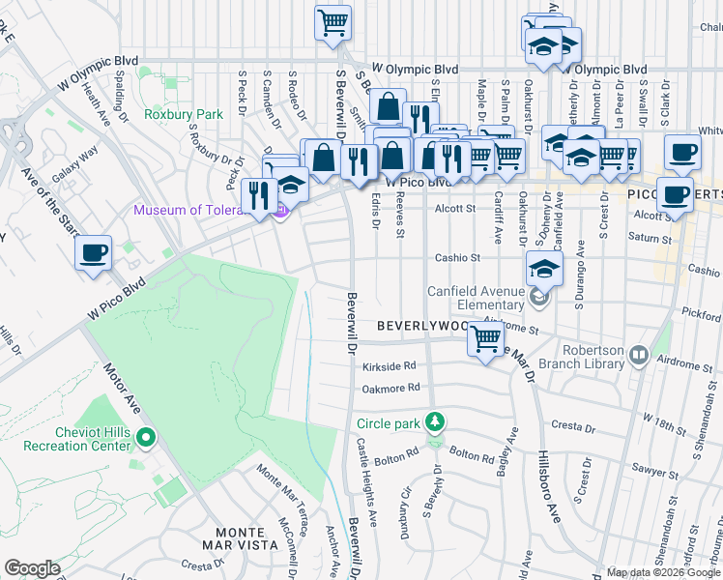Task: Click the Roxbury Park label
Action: click(x=183, y=114)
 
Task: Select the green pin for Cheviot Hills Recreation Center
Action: click(x=145, y=438)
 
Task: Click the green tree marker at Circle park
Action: click(x=435, y=421)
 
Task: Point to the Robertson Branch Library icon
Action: click(x=637, y=357)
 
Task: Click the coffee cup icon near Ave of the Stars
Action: click(x=94, y=254)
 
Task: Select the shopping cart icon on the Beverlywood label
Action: click(x=485, y=338)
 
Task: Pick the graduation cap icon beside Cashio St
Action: click(x=544, y=269)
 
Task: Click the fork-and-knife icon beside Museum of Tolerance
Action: click(x=258, y=196)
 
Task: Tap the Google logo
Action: click(x=32, y=568)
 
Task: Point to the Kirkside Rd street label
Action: click(x=389, y=366)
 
